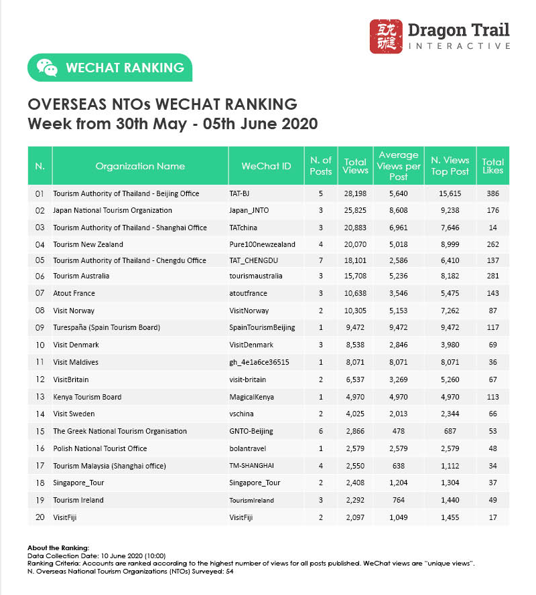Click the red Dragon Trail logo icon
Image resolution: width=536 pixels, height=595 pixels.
tap(386, 36)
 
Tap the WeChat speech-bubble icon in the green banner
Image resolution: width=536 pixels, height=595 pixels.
tap(46, 67)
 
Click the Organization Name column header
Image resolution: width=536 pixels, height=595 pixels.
tap(140, 166)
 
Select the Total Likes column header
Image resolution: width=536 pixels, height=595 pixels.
tap(493, 166)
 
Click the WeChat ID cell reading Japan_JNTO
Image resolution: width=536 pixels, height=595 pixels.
tap(249, 211)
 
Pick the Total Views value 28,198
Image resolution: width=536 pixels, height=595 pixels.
tap(355, 193)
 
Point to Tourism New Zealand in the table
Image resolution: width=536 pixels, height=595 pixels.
tap(88, 245)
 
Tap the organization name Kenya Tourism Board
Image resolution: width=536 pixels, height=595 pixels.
tap(87, 397)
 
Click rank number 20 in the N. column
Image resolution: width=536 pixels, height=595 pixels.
tap(40, 517)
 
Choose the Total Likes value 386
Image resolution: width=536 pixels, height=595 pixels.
tap(493, 193)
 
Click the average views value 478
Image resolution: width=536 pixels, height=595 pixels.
tap(399, 431)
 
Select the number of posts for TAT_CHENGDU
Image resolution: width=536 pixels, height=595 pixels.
tap(321, 260)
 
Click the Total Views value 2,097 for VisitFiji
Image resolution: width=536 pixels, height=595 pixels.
tap(355, 517)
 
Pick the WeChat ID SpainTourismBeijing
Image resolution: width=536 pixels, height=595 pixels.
tap(262, 328)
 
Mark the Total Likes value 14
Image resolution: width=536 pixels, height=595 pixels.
tap(493, 228)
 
